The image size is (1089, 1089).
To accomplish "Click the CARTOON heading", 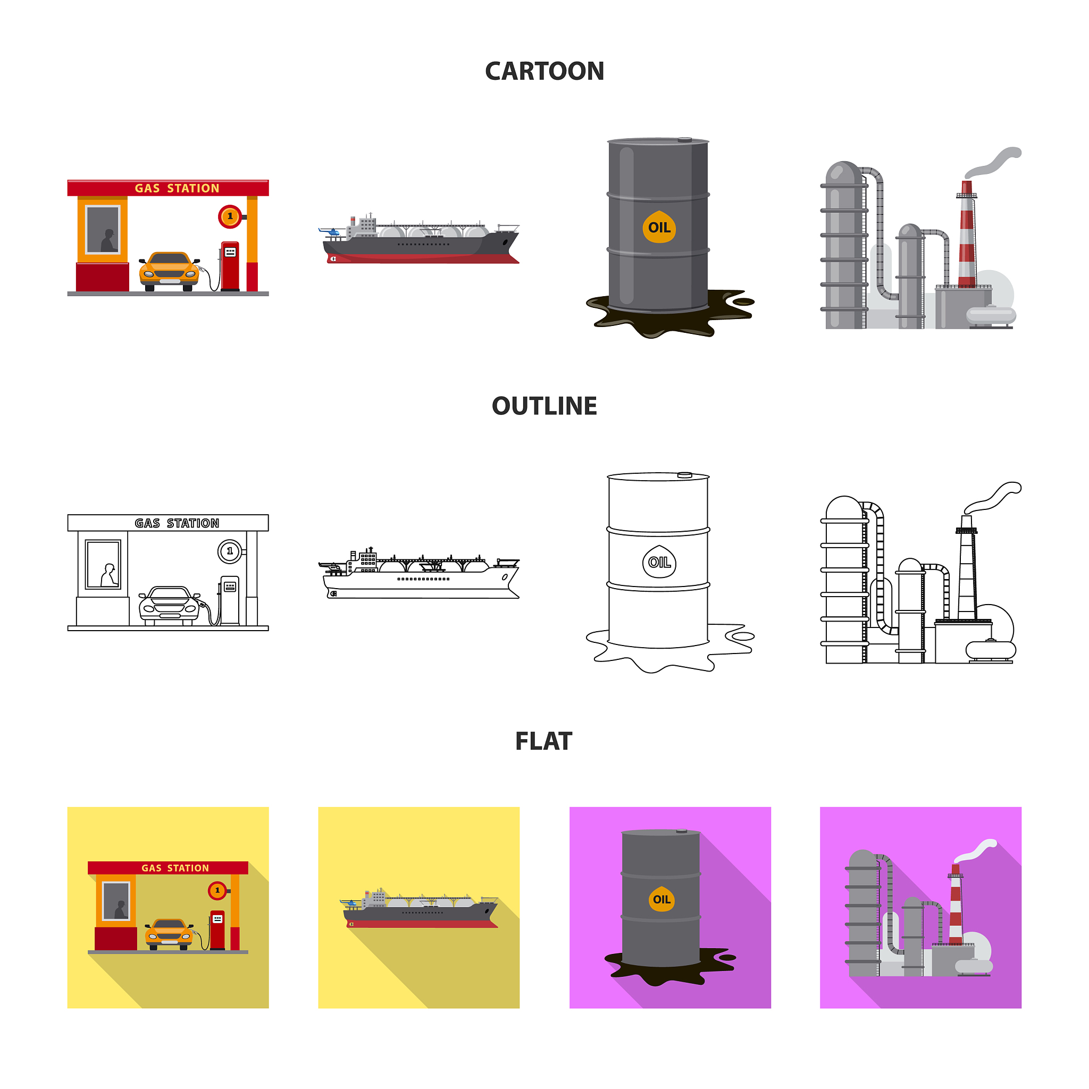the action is [544, 72].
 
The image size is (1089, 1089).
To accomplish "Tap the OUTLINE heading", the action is [544, 406].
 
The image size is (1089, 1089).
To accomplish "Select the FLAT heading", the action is [543, 741].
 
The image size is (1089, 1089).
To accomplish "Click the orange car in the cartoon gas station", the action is [169, 271].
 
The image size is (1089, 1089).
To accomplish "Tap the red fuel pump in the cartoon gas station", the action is [229, 266].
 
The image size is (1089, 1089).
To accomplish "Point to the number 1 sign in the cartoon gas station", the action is [230, 216].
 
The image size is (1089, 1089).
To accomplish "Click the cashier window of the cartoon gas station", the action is [103, 229].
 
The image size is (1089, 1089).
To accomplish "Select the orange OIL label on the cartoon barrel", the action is [659, 227].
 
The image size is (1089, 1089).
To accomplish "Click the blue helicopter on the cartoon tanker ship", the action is [329, 231].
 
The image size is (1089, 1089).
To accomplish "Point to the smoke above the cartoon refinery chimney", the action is [993, 162].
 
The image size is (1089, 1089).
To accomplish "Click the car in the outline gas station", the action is [169, 606].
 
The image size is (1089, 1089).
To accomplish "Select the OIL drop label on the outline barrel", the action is [659, 562].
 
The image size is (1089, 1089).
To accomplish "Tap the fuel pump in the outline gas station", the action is [229, 601].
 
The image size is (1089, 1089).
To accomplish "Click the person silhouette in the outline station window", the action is [109, 575].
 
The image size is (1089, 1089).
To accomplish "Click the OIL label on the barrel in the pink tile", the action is [661, 899].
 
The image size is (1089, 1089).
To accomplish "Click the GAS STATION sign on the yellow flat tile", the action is [175, 868].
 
